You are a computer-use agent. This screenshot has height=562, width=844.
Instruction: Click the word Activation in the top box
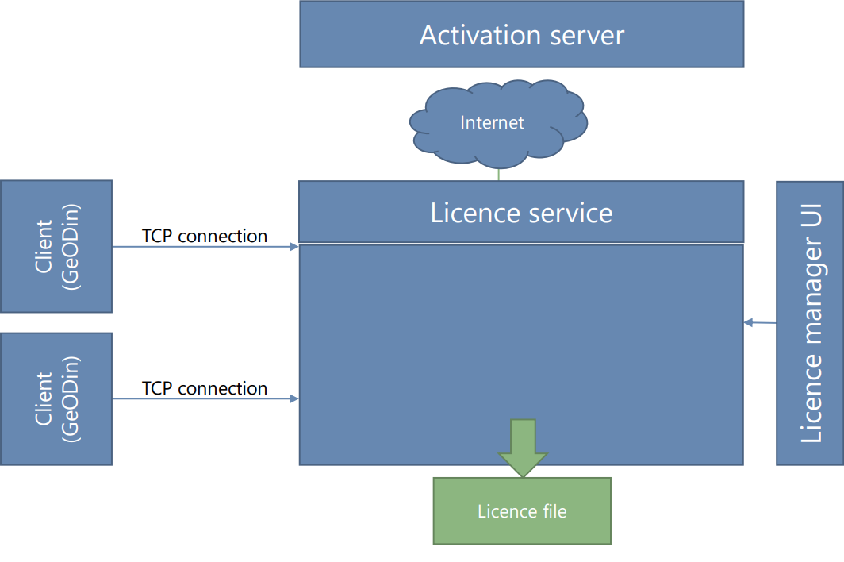[470, 36]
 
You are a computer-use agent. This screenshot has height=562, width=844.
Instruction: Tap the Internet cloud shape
[498, 122]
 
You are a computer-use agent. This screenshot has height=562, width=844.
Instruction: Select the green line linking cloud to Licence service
[498, 174]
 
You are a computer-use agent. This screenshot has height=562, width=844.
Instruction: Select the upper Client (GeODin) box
[56, 246]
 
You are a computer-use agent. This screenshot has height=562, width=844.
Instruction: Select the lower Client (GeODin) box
[56, 398]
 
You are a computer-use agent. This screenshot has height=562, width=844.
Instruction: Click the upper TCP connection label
[205, 236]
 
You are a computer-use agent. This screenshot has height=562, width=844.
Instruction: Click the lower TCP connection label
[205, 388]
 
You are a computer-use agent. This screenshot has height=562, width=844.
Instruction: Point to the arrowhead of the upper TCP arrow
[294, 247]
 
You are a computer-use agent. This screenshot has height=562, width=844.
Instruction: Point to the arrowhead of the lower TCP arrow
[294, 398]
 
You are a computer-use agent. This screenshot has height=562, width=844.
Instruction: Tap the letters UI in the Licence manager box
[810, 230]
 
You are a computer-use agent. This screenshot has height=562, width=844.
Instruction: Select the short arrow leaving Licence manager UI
[760, 322]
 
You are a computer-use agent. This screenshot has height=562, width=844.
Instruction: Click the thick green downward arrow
[522, 446]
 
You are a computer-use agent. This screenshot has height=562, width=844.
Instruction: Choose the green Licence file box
[522, 510]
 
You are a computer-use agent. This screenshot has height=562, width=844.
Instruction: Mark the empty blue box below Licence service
[521, 349]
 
